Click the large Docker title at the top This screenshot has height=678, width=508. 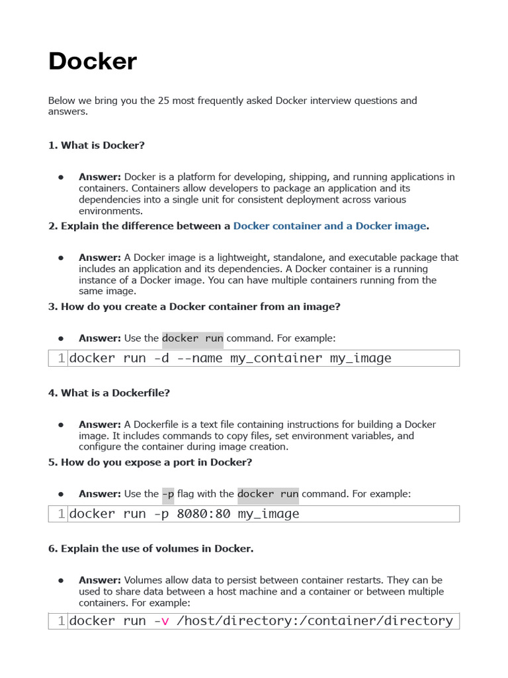click(93, 62)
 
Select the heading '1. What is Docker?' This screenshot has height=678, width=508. click(96, 145)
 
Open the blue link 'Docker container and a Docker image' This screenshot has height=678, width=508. click(329, 226)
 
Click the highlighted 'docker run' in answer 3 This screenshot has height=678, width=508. click(192, 338)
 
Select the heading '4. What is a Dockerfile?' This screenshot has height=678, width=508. click(108, 393)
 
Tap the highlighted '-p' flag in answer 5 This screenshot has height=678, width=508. click(168, 494)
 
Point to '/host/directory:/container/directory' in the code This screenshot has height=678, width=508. click(314, 621)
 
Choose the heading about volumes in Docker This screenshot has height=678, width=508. click(150, 548)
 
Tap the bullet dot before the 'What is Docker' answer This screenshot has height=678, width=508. click(60, 177)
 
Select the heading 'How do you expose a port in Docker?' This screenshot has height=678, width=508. click(149, 462)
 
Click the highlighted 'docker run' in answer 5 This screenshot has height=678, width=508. click(268, 494)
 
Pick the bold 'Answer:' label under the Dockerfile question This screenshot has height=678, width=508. click(99, 424)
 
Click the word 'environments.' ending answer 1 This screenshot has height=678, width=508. click(110, 211)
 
